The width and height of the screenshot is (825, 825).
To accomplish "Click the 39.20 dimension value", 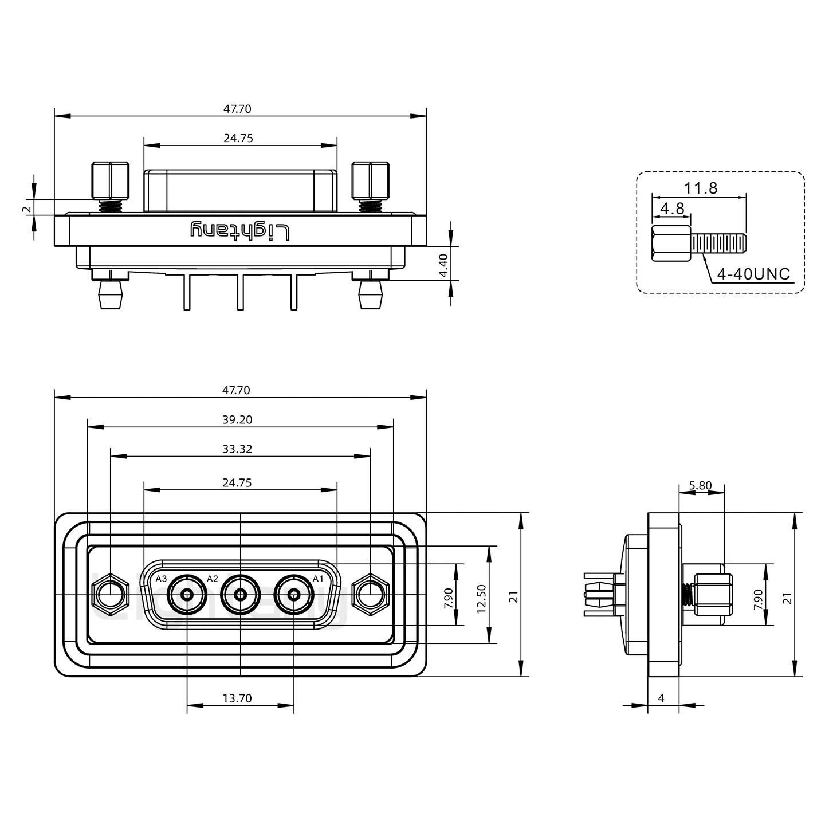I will coord(237,420).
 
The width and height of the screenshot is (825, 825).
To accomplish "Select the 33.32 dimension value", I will coord(237,449).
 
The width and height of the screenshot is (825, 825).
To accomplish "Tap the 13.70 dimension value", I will coord(237,698).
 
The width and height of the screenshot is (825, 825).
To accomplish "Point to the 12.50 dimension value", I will coord(481,599).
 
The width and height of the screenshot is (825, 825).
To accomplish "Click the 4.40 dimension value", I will coord(443,265).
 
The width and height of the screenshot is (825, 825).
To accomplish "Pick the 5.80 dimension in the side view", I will coord(700,486).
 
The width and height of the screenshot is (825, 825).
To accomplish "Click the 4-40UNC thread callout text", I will coord(753,274).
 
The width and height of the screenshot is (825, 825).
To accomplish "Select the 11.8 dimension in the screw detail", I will coord(700,188).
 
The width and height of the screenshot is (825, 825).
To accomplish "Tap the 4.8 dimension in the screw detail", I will coord(672,209).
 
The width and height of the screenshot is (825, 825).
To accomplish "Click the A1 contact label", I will coord(318,579).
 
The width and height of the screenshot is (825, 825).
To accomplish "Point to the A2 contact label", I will coord(213,579).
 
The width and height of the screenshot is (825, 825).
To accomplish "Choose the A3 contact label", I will coord(161,579).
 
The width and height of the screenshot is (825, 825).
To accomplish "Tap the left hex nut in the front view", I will coord(109,595).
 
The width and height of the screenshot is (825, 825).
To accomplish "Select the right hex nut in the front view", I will coord(371,595).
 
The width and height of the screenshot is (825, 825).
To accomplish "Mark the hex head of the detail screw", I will coord(671,244).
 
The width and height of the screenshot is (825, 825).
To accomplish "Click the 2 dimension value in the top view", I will coord(25,210).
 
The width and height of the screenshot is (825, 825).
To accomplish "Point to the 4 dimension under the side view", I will coord(662,698).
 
